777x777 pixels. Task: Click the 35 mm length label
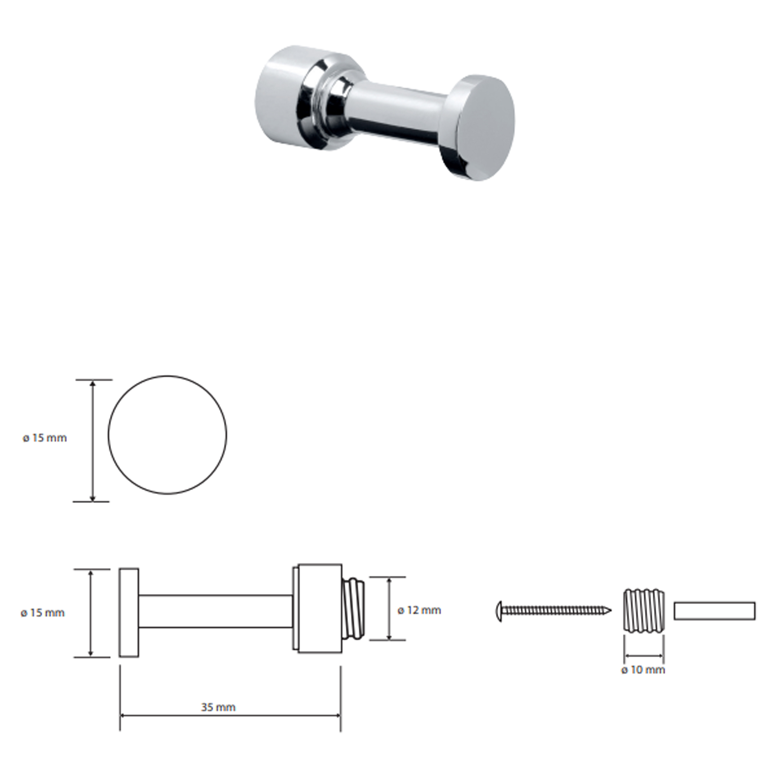[x=218, y=707]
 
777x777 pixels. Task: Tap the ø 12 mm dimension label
[x=419, y=610]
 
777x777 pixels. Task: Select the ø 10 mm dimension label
[x=643, y=670]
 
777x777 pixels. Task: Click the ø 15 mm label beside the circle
[x=45, y=438]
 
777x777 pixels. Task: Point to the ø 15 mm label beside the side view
[x=43, y=613]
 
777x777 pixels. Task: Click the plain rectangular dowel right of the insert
[x=715, y=611]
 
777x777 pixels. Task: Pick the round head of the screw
[x=500, y=611]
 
